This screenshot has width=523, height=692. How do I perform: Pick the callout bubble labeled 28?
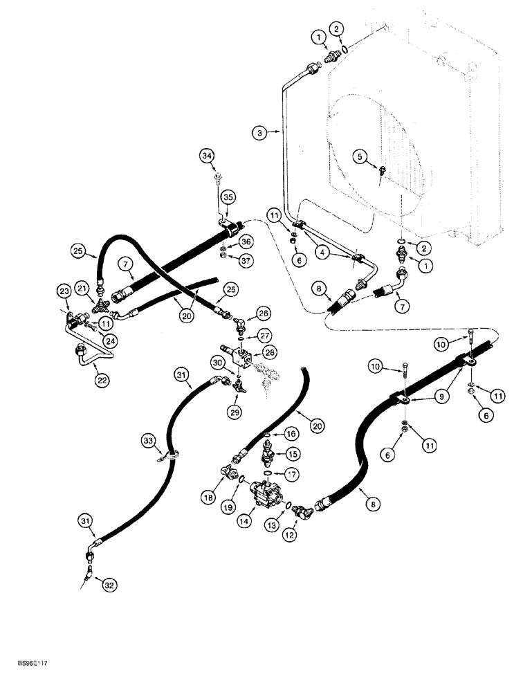pos(270,353)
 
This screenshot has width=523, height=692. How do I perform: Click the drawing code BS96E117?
pos(28,683)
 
